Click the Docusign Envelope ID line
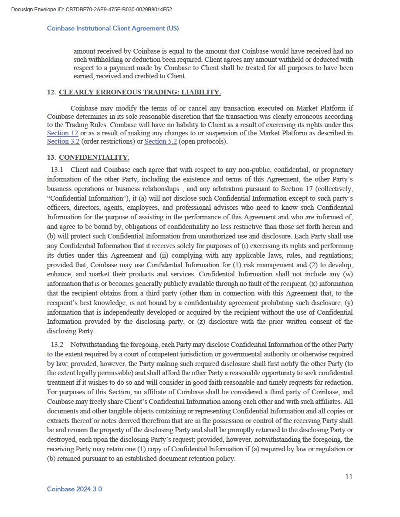click(x=91, y=9)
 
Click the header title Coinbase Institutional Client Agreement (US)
click(x=113, y=28)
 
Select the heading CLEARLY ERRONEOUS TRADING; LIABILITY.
click(x=140, y=92)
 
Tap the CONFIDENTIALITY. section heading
click(x=94, y=158)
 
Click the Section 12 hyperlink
click(x=62, y=133)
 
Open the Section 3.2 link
click(x=63, y=141)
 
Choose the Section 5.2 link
click(x=160, y=141)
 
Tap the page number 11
click(x=349, y=477)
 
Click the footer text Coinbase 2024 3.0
click(x=75, y=489)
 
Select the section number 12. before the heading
click(x=51, y=92)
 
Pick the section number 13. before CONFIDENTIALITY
click(x=51, y=158)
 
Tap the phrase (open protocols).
click(x=203, y=141)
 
